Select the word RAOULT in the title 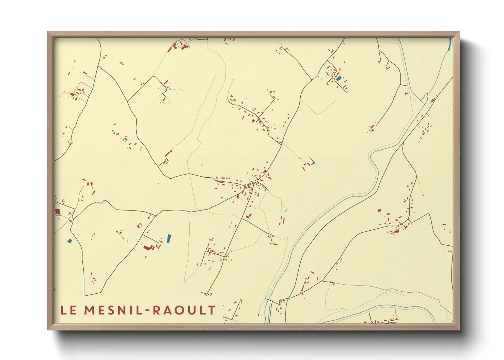(184, 310)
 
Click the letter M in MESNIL (89, 310)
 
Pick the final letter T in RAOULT (212, 310)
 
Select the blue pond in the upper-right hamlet (338, 78)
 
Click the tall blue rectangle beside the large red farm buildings (169, 239)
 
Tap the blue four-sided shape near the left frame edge (70, 241)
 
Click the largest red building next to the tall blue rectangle (147, 247)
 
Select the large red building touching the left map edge (58, 211)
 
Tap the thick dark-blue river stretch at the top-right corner (450, 44)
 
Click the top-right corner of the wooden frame (459, 32)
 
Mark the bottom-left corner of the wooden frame (48, 329)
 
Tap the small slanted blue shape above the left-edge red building (94, 193)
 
